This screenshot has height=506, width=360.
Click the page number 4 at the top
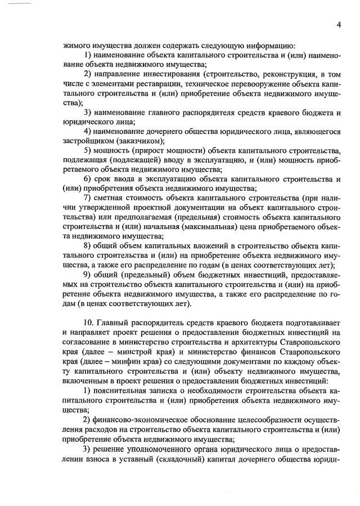click(340, 24)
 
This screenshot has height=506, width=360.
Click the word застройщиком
click(87, 141)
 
